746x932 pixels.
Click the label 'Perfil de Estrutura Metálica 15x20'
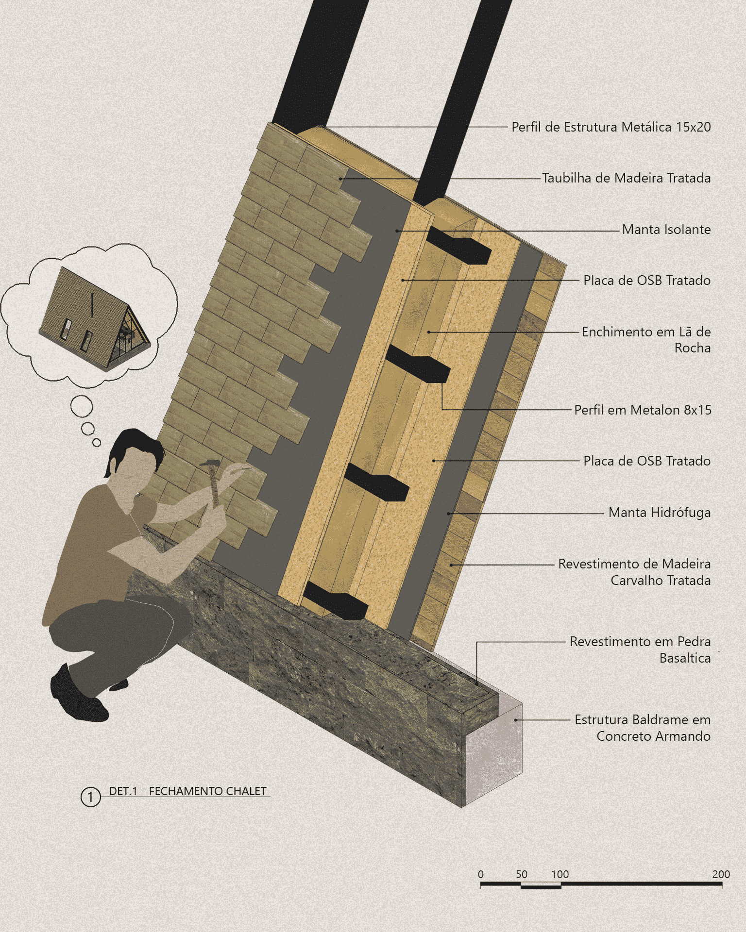point(611,127)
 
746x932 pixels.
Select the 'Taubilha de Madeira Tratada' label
point(626,178)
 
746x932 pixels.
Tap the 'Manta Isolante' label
point(666,229)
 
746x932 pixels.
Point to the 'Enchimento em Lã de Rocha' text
point(646,340)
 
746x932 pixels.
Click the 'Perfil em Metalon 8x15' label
point(643,410)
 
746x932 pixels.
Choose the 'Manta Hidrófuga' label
point(660,513)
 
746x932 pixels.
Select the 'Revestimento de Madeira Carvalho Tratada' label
point(634,572)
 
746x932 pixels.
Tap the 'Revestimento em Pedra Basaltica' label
point(640,649)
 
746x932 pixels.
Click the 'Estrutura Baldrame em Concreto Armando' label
point(643,728)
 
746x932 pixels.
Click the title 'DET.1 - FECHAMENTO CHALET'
point(187,791)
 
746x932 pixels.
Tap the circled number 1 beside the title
point(90,797)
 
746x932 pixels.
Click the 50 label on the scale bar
point(522,874)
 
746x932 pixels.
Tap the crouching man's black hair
point(131,447)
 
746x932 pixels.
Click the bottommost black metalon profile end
point(335,601)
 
